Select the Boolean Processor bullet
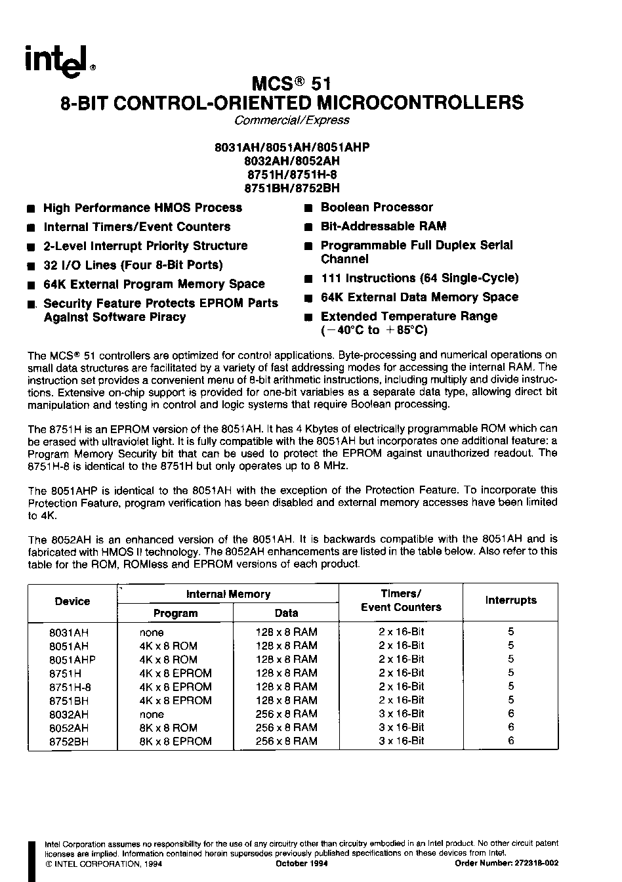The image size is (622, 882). click(x=376, y=207)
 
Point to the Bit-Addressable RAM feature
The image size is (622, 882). click(x=383, y=226)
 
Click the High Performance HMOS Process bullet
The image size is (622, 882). click(x=142, y=208)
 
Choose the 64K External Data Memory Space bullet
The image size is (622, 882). click(x=419, y=297)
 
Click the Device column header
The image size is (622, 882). click(x=72, y=601)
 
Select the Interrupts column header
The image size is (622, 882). click(x=510, y=600)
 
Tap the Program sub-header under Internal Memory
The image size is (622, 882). click(x=175, y=613)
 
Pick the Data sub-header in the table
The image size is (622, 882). click(x=286, y=613)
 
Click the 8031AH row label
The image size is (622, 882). click(x=69, y=632)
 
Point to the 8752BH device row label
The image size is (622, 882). click(x=69, y=742)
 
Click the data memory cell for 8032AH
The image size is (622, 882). click(x=286, y=714)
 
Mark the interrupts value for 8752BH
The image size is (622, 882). click(x=511, y=741)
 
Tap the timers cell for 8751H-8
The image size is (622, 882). click(x=402, y=686)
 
